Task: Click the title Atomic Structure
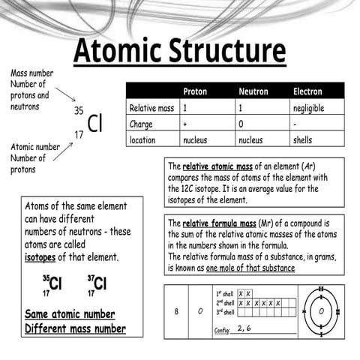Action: (179, 51)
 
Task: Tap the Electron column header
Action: (307, 91)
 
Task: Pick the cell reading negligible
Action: (308, 108)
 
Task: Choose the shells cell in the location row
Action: (302, 139)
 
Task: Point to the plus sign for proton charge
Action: (185, 124)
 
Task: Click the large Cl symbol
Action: (94, 123)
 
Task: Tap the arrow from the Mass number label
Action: (65, 94)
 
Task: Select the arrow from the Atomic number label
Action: (62, 151)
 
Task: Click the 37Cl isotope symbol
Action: (97, 284)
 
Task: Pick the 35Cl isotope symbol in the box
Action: (52, 284)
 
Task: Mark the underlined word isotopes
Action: (41, 257)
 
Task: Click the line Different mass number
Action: (75, 328)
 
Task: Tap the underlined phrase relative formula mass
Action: (218, 223)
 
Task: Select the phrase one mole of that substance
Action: (250, 268)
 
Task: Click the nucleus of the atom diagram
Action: (321, 310)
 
